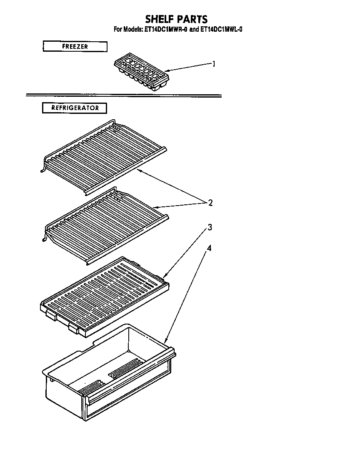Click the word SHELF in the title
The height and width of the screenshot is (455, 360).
coord(160,19)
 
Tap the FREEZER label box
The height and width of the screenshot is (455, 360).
coord(75,46)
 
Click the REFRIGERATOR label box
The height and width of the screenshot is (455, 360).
coord(75,108)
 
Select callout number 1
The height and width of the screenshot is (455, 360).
coord(214,64)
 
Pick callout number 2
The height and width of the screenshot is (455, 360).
coord(210,203)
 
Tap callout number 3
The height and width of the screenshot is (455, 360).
coord(210,227)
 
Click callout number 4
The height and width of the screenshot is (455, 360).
coord(209,248)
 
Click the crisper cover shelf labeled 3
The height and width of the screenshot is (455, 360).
coord(104,294)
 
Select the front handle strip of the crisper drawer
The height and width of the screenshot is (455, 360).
coord(129,394)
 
